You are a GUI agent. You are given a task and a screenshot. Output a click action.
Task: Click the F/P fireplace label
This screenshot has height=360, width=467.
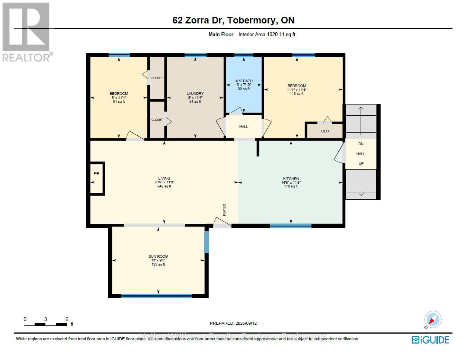pyautogui.click(x=96, y=174)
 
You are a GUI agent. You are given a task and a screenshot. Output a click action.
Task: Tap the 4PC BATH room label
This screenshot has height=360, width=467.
pyautogui.click(x=244, y=81)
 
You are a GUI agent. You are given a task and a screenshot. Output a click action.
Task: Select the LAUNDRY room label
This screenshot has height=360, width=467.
pyautogui.click(x=195, y=93)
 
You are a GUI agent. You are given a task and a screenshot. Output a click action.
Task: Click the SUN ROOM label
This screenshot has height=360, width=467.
pyautogui.click(x=158, y=256)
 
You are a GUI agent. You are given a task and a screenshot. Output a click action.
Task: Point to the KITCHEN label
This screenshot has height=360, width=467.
pyautogui.click(x=291, y=179)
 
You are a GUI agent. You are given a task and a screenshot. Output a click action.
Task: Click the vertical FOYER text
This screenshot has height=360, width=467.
pyautogui.click(x=224, y=210)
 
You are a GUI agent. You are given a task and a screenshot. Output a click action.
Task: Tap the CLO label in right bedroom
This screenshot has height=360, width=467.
pyautogui.click(x=325, y=131)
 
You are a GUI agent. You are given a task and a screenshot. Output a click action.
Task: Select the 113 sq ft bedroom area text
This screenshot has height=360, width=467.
pyautogui.click(x=297, y=94)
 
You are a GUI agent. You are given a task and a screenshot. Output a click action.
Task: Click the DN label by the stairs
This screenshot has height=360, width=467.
pyautogui.click(x=361, y=144)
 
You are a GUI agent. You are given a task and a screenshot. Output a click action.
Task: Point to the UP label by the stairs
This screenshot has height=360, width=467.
pyautogui.click(x=361, y=163)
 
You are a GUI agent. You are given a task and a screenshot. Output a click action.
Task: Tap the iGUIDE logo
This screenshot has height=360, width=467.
pyautogui.click(x=430, y=340)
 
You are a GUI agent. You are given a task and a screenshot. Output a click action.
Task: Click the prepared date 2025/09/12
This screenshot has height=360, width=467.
pyautogui.click(x=233, y=324)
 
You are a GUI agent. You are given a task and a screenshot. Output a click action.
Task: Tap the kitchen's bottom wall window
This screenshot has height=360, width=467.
pyautogui.click(x=291, y=226)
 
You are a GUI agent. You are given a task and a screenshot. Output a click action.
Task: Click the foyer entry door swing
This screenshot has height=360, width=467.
pyautogui.click(x=222, y=222)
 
